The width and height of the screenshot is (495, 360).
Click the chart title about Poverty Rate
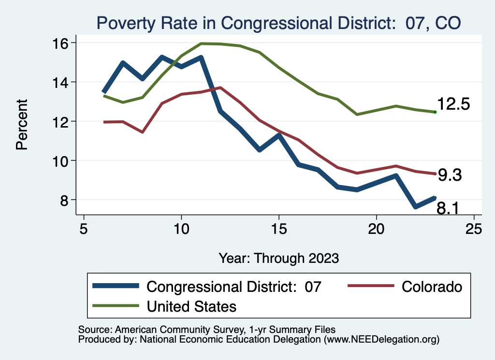278,23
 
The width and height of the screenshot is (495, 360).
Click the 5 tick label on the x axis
84,229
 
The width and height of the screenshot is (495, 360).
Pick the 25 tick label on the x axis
474,229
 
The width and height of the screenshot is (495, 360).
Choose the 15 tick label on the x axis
279,229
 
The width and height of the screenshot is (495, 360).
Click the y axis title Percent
22,124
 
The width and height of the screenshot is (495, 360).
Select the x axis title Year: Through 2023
278,258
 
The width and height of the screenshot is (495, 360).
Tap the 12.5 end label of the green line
453,104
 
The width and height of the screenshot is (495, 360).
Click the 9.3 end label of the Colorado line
450,175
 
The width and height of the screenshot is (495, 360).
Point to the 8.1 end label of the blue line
448,208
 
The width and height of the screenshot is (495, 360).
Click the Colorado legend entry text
432,287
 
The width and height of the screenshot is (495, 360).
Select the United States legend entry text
191,306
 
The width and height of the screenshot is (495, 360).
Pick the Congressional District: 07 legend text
233,287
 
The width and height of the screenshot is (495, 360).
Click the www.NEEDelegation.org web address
381,340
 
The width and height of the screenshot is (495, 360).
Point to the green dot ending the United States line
435,112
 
